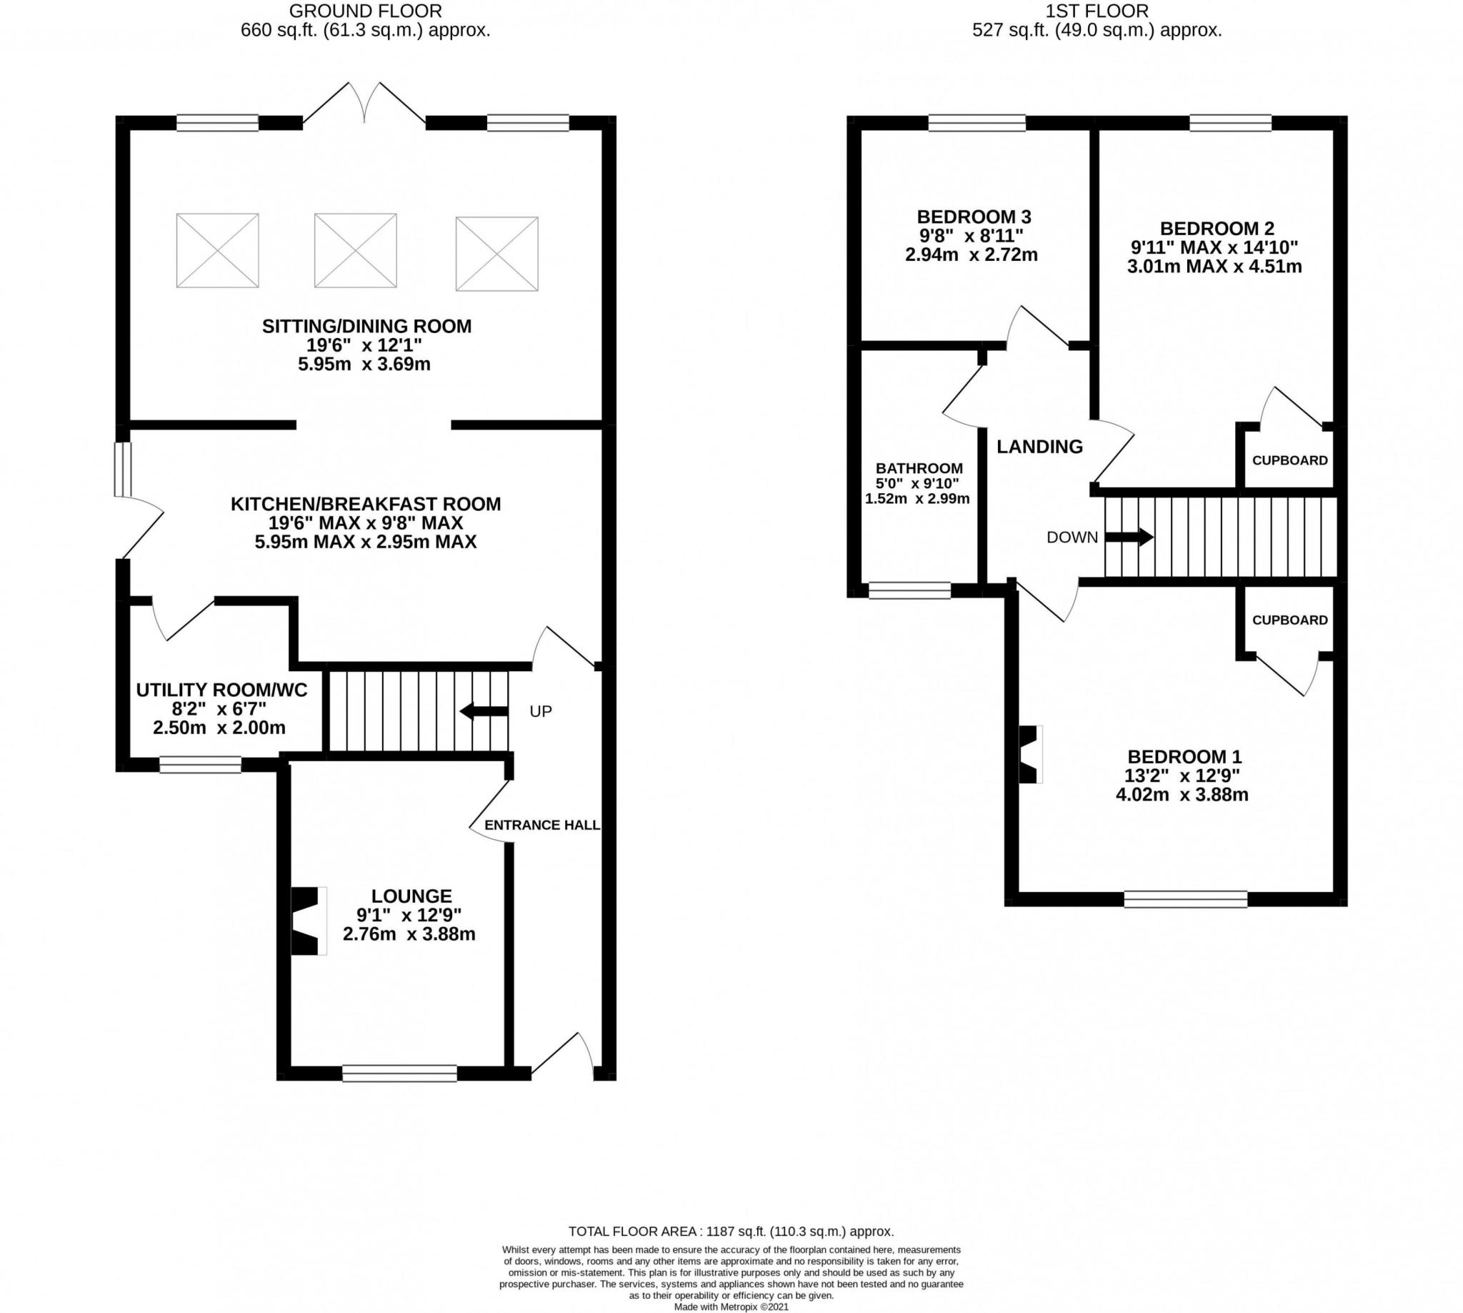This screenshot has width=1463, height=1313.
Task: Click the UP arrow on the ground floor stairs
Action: [484, 711]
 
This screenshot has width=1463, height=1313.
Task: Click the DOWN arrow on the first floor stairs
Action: [1129, 537]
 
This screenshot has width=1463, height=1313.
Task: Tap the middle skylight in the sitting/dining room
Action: [356, 250]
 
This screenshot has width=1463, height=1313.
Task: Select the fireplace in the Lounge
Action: [309, 921]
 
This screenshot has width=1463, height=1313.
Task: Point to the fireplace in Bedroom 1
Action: [1030, 754]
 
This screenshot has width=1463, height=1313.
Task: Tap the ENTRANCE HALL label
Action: [542, 825]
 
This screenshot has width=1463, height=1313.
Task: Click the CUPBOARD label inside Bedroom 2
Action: [1289, 460]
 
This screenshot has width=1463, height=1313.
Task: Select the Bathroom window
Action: [909, 590]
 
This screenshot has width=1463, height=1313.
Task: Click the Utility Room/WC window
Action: [201, 765]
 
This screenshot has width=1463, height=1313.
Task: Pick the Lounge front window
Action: [399, 1074]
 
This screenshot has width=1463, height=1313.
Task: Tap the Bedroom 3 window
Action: [977, 124]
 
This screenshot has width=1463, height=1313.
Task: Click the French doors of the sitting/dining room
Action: [364, 102]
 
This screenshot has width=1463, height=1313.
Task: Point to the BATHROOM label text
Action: [919, 467]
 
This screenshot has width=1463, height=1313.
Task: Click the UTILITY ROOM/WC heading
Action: [222, 690]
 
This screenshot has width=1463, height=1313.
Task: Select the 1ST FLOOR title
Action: [1097, 11]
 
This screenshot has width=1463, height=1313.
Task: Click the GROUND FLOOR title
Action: [366, 11]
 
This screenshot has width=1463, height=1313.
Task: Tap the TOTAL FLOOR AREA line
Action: [731, 1232]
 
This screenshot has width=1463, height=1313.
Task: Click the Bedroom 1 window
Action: [1185, 899]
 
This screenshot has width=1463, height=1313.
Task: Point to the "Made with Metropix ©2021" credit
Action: [731, 1307]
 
